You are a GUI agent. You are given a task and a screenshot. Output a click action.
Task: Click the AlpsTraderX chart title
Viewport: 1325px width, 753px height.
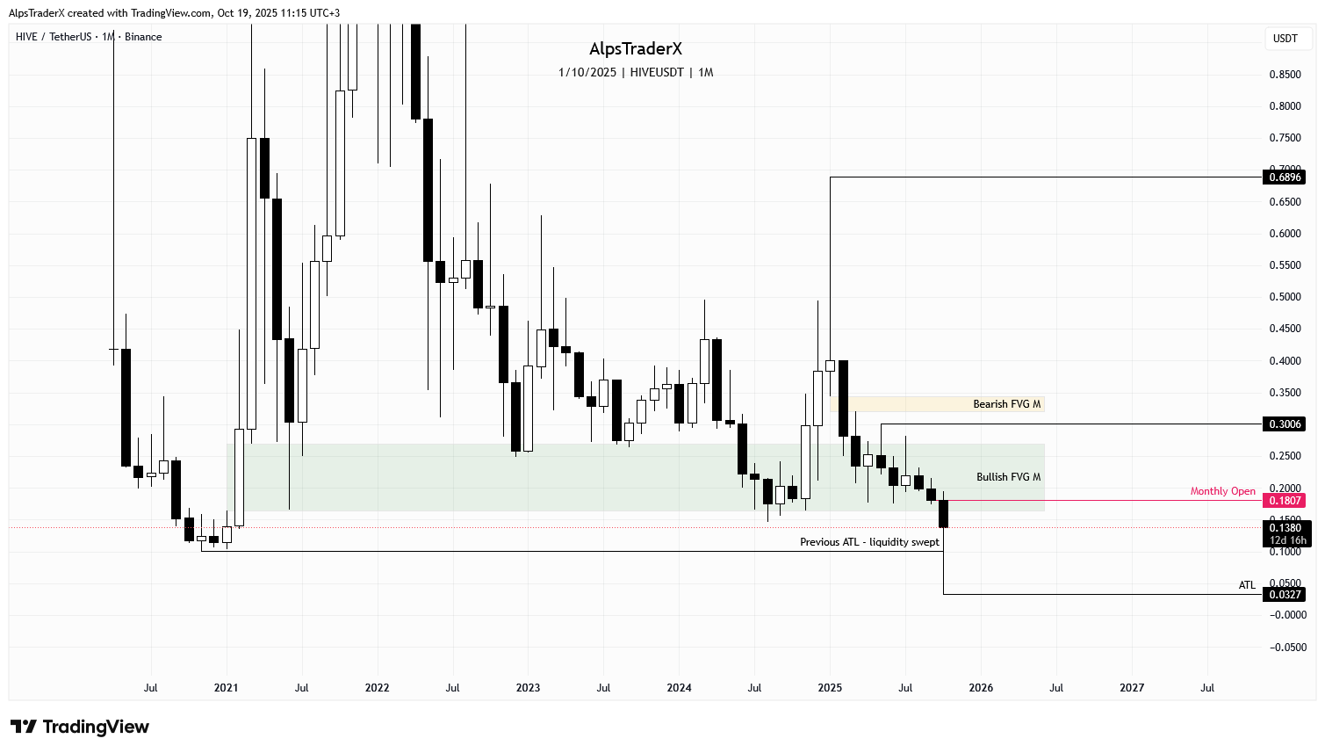635,49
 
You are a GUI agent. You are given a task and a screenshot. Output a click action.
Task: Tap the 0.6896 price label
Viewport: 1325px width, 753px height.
1285,177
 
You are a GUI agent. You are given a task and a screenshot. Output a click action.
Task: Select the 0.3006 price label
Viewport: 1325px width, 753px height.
1285,424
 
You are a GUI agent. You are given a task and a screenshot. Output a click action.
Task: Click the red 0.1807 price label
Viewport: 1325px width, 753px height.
1285,501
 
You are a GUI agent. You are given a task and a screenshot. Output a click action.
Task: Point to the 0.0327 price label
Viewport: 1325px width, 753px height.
1285,595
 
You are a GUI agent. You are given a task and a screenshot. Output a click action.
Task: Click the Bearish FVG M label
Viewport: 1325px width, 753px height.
1006,404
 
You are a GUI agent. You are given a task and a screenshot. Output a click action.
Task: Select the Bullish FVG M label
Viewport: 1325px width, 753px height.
1008,477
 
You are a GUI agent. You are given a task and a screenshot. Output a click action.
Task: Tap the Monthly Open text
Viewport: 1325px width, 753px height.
1222,491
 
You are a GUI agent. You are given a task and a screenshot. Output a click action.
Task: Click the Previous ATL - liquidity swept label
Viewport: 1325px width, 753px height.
869,542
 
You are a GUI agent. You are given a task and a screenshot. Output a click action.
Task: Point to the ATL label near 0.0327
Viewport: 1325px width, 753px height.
1247,585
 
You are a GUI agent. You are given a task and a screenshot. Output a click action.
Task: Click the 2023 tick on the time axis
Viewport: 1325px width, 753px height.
528,688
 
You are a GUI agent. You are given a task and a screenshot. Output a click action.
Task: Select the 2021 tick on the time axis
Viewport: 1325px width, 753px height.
226,688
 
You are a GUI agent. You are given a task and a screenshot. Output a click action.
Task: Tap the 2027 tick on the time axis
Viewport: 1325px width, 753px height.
1132,688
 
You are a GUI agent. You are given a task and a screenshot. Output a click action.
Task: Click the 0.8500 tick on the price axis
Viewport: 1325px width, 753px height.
1285,75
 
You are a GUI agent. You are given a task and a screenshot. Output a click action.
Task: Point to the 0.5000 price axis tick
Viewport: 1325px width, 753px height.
1285,297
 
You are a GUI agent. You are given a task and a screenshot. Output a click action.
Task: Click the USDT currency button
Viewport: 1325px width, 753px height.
1285,39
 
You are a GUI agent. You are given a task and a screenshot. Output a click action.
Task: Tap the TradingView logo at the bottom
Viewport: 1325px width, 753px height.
80,727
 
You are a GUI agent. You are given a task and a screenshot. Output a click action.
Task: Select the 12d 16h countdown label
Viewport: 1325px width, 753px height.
1287,540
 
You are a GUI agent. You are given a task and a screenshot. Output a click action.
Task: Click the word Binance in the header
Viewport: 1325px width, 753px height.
143,37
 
